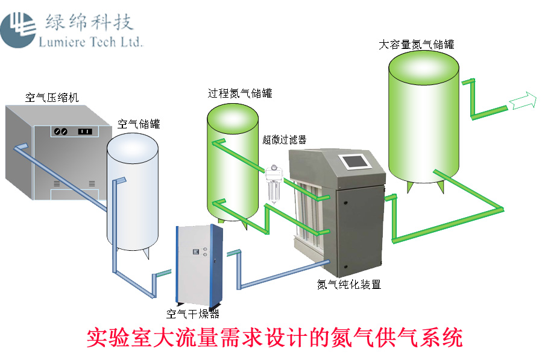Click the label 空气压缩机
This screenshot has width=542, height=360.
(52, 96)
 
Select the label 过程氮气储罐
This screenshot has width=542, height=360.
(240, 93)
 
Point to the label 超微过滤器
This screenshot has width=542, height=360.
(285, 140)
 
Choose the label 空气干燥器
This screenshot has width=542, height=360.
(192, 314)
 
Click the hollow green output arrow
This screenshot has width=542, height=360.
(523, 101)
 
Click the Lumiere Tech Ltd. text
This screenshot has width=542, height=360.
(90, 42)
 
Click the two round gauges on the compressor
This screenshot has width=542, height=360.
(60, 131)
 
